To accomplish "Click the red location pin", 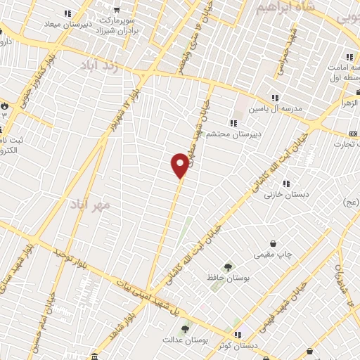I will (x=180, y=165).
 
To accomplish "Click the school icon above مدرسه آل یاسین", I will (x=275, y=98).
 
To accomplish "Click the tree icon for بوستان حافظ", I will (x=227, y=266).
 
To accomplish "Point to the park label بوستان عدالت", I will (x=185, y=341).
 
